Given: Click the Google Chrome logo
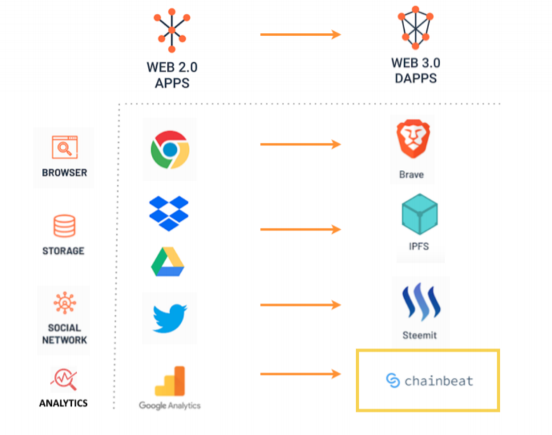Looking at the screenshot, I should point(169,150).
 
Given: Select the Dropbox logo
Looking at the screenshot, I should point(169,213).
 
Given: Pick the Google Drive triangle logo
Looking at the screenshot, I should point(169,261).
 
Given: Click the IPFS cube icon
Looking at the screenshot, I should point(420,214).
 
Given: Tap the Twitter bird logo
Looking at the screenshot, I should point(169,318).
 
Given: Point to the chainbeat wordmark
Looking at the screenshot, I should point(429,380).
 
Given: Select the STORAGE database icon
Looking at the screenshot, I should point(64,226).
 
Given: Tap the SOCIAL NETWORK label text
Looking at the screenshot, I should point(64,334).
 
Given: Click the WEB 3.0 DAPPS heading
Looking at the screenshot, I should point(415,71).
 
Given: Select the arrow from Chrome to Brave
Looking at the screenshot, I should point(301,145).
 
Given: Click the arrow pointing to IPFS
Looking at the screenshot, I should point(301,229).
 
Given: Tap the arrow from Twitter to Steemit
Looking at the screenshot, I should point(301,304).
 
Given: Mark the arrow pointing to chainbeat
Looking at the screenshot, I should point(301,374).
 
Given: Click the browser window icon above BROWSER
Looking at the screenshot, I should point(64,147).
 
